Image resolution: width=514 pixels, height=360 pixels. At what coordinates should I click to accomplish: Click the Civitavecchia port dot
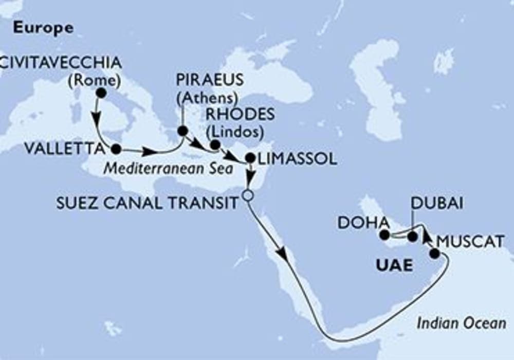click(x=101, y=93)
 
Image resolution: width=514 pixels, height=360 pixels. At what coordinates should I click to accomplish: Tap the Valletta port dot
click(x=116, y=149)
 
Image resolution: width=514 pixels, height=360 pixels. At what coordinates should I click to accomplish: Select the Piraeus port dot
click(x=182, y=131)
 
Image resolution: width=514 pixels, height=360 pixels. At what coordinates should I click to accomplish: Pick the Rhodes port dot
click(x=215, y=145)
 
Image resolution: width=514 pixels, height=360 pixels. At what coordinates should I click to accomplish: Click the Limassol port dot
click(x=250, y=158)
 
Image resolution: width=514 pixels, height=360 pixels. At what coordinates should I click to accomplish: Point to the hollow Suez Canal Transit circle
click(x=248, y=195)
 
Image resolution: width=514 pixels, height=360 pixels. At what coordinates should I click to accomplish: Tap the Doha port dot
click(x=384, y=235)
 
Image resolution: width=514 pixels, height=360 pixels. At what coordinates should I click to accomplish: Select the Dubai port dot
click(x=412, y=237)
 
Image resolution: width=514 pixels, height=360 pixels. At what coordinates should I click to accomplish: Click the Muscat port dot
click(x=435, y=253)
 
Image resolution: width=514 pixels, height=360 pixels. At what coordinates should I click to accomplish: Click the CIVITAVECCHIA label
click(x=61, y=63)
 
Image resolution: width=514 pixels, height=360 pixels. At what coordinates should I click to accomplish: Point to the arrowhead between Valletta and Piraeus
click(x=148, y=152)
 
